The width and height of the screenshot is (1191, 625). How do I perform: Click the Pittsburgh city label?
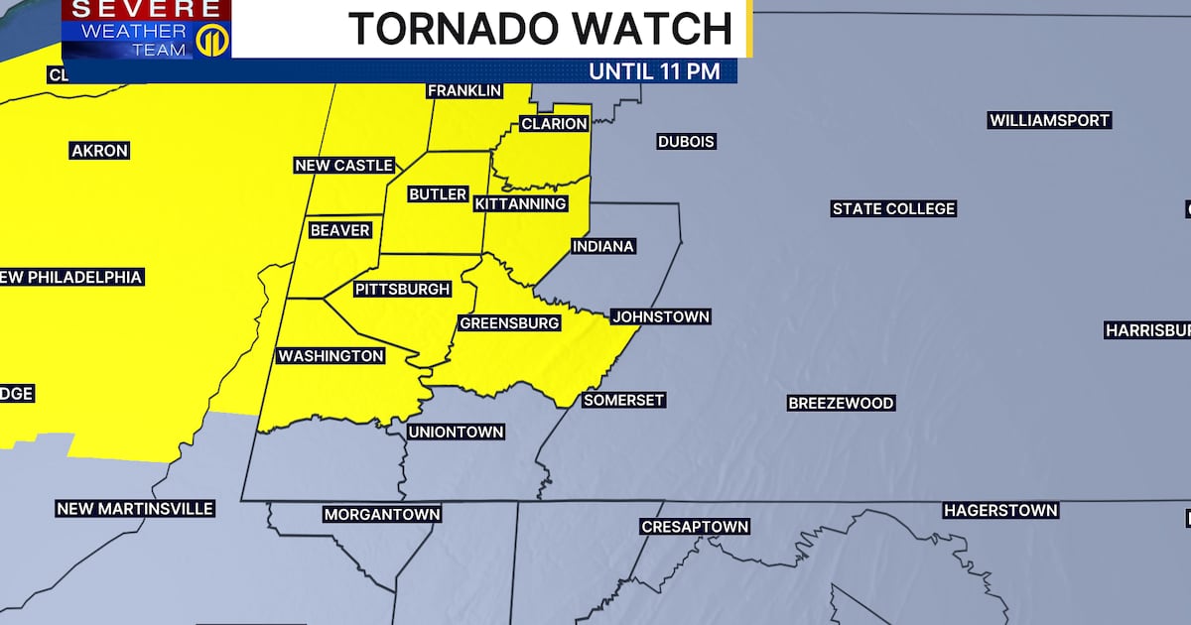tap(403, 290)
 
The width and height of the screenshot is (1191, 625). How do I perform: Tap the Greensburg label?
tap(509, 323)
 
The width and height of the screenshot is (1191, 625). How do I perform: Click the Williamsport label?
tap(1049, 121)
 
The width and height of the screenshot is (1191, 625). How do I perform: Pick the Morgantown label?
tap(382, 515)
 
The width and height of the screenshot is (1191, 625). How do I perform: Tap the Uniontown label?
tap(457, 433)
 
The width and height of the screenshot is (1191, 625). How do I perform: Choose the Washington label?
tap(331, 356)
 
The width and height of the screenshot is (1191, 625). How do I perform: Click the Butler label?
tap(438, 194)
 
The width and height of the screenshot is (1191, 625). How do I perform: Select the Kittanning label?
tap(520, 204)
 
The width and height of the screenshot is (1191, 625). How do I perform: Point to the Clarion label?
tap(555, 124)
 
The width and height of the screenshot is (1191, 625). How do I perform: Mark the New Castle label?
tap(344, 166)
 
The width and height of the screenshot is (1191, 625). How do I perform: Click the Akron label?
tap(99, 151)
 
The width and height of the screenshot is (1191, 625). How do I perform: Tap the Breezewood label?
tap(841, 403)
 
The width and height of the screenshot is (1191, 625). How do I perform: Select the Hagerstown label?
tap(1000, 511)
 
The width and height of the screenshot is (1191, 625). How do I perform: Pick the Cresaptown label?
tap(695, 527)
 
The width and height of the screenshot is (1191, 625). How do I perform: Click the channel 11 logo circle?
tap(209, 42)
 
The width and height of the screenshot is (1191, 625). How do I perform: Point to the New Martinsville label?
tap(135, 509)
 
